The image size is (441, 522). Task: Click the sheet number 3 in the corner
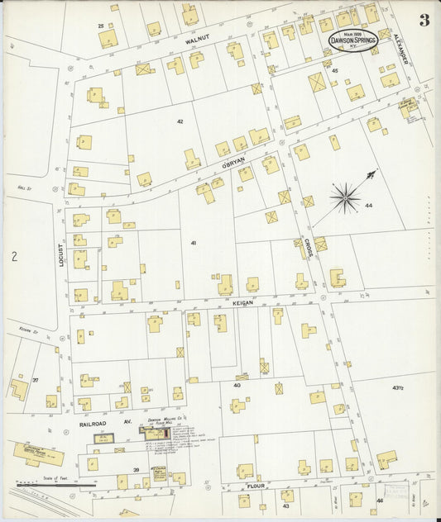tap(424, 21)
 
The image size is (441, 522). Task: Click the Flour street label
tap(254, 488)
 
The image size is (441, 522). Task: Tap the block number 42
tap(179, 121)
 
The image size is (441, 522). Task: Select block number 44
tap(368, 205)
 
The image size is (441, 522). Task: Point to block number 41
tap(194, 243)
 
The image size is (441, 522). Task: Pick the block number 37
tap(36, 380)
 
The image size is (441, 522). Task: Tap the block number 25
tap(101, 26)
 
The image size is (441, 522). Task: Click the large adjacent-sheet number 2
tap(14, 257)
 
